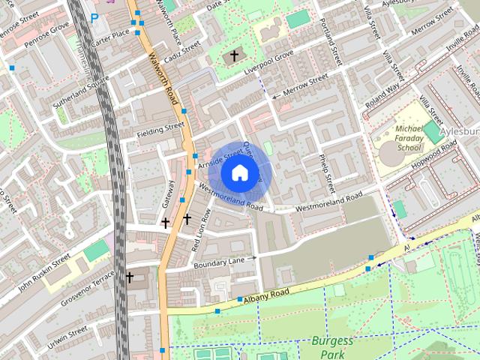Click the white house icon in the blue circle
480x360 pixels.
click(239, 173)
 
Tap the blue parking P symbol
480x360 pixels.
click(94, 17)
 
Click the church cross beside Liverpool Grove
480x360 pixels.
click(234, 55)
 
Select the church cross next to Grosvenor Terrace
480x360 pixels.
click(129, 277)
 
